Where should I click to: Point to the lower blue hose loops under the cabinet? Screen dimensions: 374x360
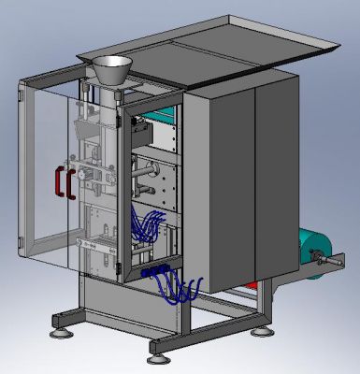[x=182, y=290]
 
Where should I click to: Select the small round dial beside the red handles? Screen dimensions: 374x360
[x=82, y=173]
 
